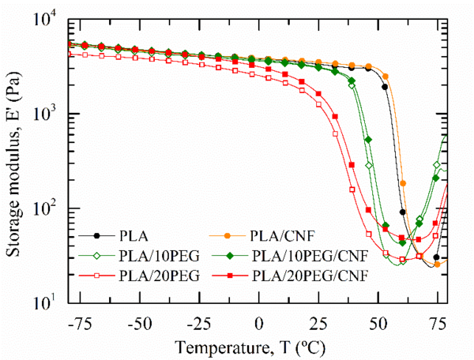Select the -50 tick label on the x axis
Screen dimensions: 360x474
pos(139,324)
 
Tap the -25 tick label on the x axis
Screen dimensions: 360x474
pos(199,324)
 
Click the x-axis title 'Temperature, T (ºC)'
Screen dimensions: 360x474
pos(259,347)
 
